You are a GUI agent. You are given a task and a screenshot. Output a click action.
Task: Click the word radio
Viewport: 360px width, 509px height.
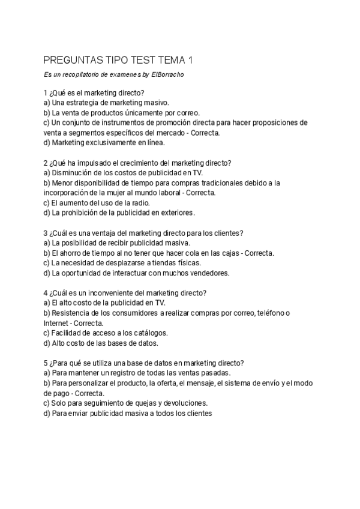pyautogui.click(x=132, y=203)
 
